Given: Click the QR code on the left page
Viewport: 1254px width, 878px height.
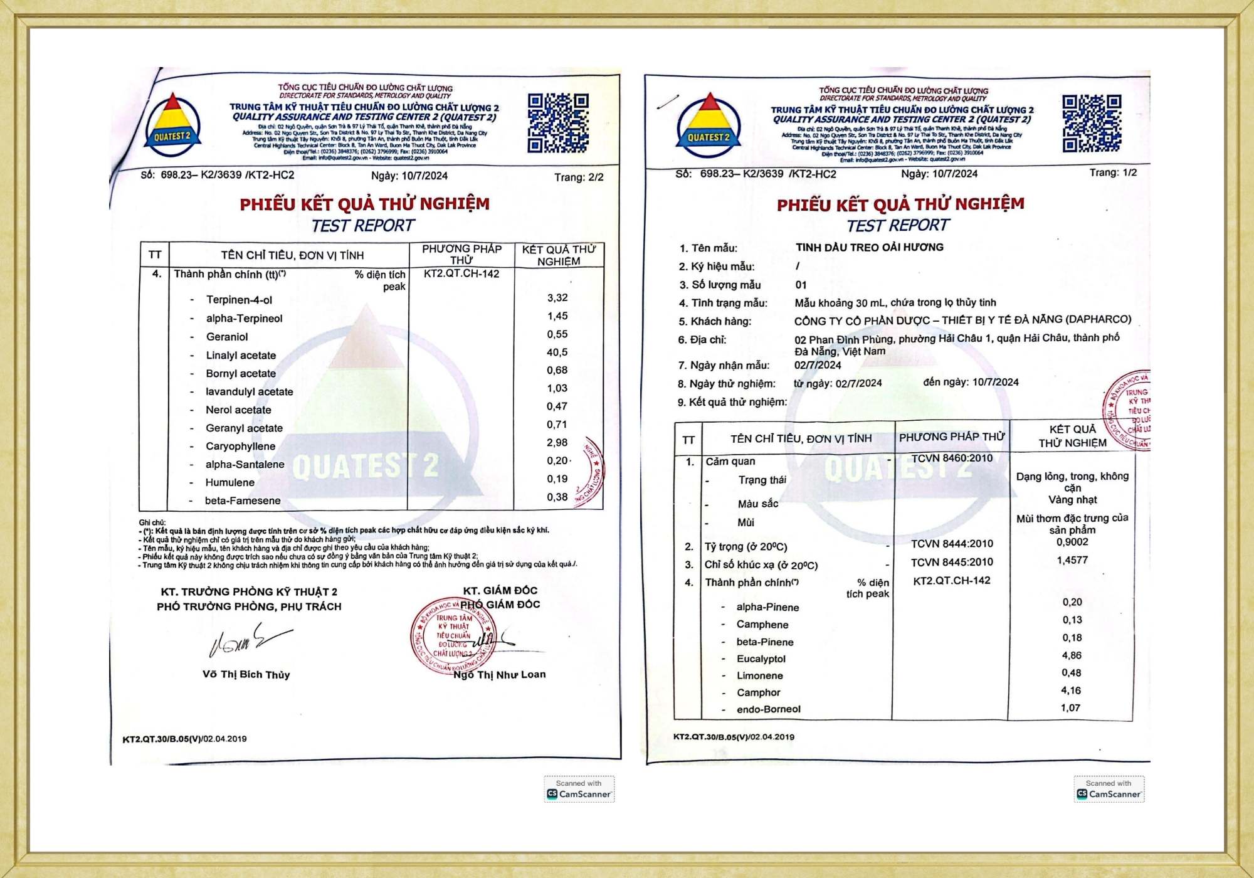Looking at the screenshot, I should tap(557, 124).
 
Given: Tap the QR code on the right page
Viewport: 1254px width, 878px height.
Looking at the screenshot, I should tap(1092, 124).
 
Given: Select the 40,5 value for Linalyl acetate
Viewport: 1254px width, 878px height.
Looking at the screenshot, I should tap(557, 352).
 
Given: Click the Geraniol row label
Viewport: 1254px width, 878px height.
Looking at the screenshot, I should tap(227, 337).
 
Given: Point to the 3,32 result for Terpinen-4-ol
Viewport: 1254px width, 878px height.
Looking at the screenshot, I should tap(557, 298).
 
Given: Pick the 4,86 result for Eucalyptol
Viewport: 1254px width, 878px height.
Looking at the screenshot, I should tap(1071, 655).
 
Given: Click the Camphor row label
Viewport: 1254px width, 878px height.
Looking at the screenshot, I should tap(758, 692).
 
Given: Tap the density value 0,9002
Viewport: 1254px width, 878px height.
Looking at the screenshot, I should tap(1072, 542).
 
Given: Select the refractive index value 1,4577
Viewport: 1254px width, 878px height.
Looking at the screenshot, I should tap(1072, 560).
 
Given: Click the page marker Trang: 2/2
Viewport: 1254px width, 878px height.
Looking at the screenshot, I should tap(578, 177).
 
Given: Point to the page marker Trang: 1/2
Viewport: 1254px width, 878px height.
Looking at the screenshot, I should tap(1112, 172).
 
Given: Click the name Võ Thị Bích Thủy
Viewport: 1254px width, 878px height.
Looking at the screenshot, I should tap(246, 675).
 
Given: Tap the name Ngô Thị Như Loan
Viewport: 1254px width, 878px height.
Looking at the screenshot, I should tap(499, 675).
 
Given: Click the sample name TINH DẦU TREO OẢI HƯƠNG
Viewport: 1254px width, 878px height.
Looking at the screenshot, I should tap(869, 247).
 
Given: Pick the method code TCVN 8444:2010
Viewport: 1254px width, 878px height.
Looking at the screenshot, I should tap(952, 544).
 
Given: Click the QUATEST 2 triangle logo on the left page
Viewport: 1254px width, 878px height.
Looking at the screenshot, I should tap(172, 124).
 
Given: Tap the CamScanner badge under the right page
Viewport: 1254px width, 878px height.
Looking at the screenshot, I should tap(1109, 789).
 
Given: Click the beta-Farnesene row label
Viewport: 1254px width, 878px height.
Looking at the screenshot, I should tap(243, 500).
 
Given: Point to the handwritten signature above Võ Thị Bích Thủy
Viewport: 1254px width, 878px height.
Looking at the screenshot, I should tap(248, 640).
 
